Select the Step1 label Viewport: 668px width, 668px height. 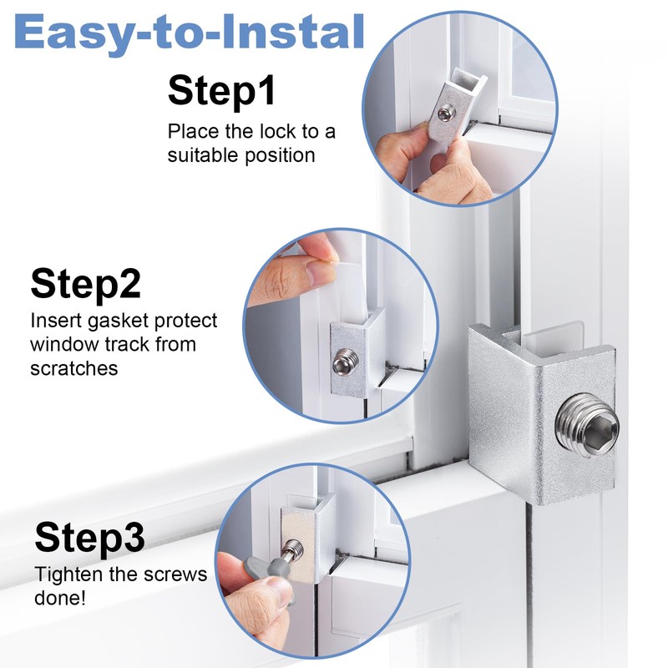[x=221, y=90]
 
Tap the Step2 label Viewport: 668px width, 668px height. [x=85, y=283]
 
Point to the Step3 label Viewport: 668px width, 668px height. [x=89, y=538]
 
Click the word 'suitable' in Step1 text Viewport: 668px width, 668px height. [x=201, y=155]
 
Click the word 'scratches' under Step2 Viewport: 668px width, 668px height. [x=73, y=368]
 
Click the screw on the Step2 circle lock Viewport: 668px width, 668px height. [x=342, y=363]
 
